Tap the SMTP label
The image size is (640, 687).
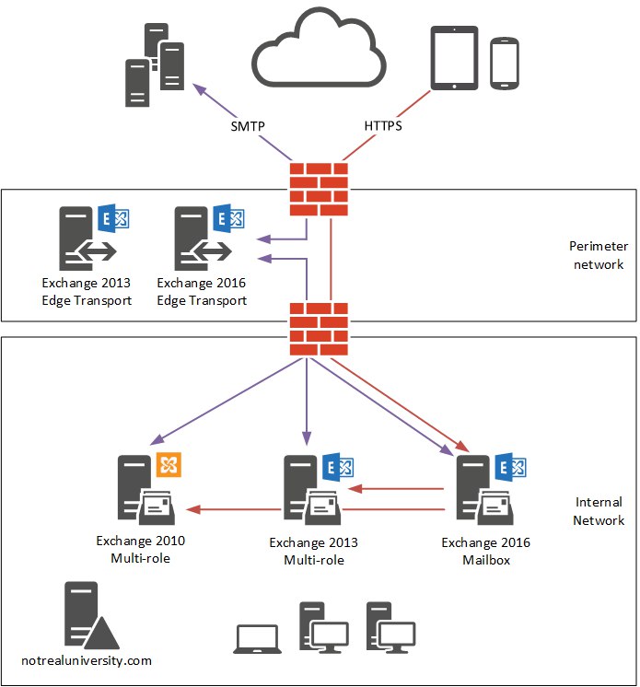tap(248, 126)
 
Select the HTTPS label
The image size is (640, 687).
tap(383, 126)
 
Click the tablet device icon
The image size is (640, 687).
tap(454, 58)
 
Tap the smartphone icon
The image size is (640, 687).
tap(505, 64)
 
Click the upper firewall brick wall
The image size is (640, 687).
tap(319, 190)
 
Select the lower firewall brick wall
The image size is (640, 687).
tap(319, 329)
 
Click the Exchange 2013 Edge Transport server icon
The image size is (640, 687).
tap(94, 237)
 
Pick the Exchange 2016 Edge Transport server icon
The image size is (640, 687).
tap(209, 237)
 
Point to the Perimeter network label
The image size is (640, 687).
tap(599, 255)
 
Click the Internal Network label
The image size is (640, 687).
tap(599, 511)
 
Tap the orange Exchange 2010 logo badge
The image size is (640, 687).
tap(169, 464)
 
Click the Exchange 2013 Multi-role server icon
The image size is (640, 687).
tap(319, 488)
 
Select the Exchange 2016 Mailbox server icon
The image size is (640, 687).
tap(491, 488)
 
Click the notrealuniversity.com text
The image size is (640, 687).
tap(87, 660)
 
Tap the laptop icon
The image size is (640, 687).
tap(258, 639)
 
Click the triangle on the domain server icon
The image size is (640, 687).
tap(101, 634)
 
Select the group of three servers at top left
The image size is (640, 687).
tap(155, 64)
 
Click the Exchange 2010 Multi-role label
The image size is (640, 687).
tap(141, 550)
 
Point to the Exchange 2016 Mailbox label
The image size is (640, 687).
tap(486, 552)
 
